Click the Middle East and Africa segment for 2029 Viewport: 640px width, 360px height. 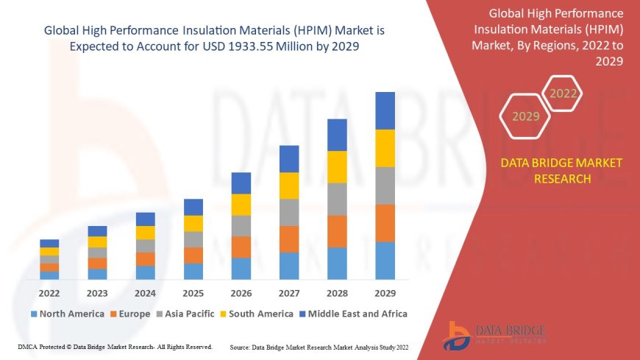click(385, 110)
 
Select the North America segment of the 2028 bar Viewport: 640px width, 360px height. click(337, 263)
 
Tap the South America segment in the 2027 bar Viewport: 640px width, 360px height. click(288, 186)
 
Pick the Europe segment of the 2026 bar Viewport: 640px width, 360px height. click(241, 247)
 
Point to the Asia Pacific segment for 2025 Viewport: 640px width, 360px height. click(193, 239)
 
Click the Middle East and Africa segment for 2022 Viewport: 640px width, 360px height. click(49, 243)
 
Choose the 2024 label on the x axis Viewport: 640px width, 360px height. click(145, 292)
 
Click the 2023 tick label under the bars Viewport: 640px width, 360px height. click(97, 292)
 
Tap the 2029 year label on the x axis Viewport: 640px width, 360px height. click(385, 292)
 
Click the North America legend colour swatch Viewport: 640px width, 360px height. click(33, 314)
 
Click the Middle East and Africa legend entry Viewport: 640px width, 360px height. click(353, 314)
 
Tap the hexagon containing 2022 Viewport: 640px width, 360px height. click(563, 93)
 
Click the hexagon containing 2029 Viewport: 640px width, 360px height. click(525, 116)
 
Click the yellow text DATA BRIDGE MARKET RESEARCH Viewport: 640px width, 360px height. click(561, 171)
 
